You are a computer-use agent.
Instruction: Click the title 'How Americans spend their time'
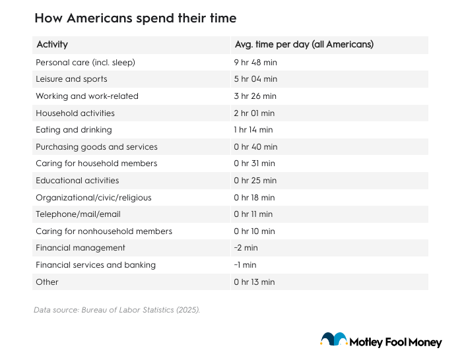tap(135, 18)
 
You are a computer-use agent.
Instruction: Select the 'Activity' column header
tap(52, 45)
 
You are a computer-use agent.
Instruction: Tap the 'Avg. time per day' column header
tap(304, 45)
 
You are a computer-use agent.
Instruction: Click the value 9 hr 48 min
tap(255, 62)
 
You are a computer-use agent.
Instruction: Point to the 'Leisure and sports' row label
tap(71, 79)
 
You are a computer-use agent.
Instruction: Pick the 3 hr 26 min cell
tap(255, 96)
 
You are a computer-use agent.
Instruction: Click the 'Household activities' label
tap(75, 113)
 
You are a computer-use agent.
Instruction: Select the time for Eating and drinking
tap(253, 130)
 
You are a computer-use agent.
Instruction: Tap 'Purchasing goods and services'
tap(97, 146)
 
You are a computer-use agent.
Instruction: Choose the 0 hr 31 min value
tap(254, 164)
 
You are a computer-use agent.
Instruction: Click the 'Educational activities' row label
tap(77, 180)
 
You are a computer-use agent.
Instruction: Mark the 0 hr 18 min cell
tap(254, 197)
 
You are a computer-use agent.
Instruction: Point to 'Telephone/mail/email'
tap(78, 214)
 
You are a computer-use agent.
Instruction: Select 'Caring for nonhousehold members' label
tap(104, 231)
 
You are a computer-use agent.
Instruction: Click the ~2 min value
tap(245, 248)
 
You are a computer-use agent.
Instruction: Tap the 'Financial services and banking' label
tap(96, 264)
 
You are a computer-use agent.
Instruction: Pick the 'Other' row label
tap(47, 282)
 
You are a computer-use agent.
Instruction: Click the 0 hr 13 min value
tap(254, 282)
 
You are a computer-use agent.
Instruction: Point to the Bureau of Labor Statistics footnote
tap(117, 309)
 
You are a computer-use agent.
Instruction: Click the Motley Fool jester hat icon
tap(334, 340)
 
